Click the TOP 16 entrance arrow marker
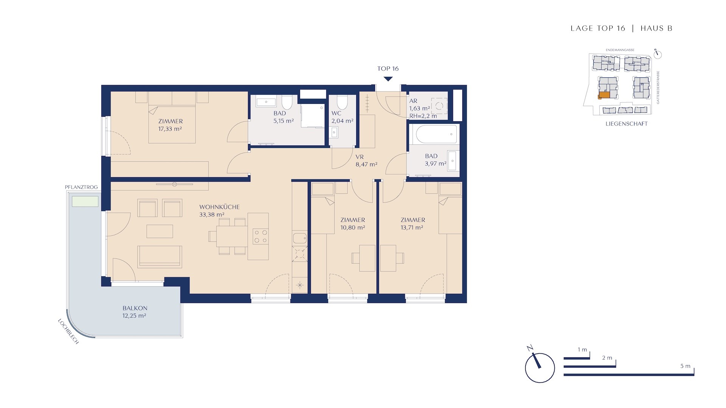pos(388,79)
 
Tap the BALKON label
pos(135,308)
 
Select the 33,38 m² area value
pos(212,215)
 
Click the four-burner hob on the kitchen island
pos(261,236)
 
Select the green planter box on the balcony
pos(85,201)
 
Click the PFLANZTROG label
pos(81,187)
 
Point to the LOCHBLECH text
pos(68,331)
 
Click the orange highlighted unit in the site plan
pos(604,95)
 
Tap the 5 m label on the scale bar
pos(685,366)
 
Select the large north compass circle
pos(540,368)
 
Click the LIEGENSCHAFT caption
pos(627,124)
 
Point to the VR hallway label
pos(360,157)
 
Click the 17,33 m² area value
pos(170,129)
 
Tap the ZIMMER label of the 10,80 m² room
pos(353,220)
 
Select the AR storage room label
pos(413,101)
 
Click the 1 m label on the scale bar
pos(582,350)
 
